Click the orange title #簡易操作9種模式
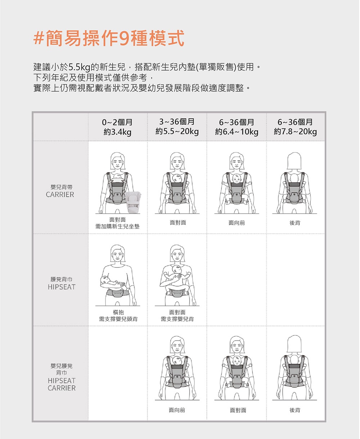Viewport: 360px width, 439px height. pyautogui.click(x=109, y=38)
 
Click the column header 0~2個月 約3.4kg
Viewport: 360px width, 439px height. pyautogui.click(x=117, y=127)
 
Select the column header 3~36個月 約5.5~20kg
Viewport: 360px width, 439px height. pyautogui.click(x=177, y=126)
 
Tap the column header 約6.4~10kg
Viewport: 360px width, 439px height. pyautogui.click(x=237, y=132)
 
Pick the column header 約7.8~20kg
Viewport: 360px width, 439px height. pyautogui.click(x=295, y=132)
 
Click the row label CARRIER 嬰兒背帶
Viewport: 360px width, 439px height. pyautogui.click(x=60, y=191)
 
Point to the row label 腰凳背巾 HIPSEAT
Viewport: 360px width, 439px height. pyautogui.click(x=62, y=283)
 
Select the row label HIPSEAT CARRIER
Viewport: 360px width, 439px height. pyautogui.click(x=62, y=384)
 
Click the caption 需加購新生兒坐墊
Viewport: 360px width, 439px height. pyautogui.click(x=117, y=226)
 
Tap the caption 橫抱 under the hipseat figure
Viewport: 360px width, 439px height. pyautogui.click(x=118, y=312)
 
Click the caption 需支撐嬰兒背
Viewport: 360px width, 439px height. pyautogui.click(x=177, y=319)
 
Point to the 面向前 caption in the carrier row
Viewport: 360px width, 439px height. pyautogui.click(x=237, y=223)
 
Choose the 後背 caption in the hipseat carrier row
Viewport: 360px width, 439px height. pyautogui.click(x=295, y=410)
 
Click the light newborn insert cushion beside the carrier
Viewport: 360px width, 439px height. pyautogui.click(x=133, y=202)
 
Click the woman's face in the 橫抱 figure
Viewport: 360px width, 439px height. pyautogui.click(x=118, y=254)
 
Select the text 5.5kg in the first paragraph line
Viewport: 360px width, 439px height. pyautogui.click(x=79, y=67)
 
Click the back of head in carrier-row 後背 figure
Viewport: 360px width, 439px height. pyautogui.click(x=294, y=161)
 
